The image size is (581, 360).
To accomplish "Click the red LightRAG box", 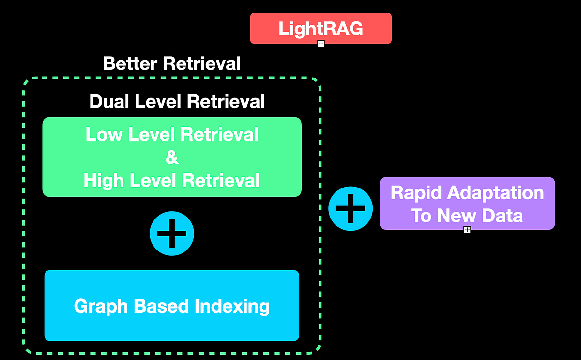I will pyautogui.click(x=321, y=28).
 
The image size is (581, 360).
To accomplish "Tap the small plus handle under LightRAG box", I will pyautogui.click(x=321, y=44).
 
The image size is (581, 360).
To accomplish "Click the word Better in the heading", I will pyautogui.click(x=130, y=63).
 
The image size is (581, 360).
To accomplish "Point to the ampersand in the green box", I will pyautogui.click(x=171, y=157).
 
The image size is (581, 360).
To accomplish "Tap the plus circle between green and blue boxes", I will pyautogui.click(x=172, y=233).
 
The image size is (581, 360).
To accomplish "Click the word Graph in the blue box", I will pyautogui.click(x=101, y=306).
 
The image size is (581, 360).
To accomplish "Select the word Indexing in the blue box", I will pyautogui.click(x=232, y=306).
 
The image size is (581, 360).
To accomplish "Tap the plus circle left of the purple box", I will pyautogui.click(x=351, y=208).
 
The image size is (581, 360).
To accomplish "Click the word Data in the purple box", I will pyautogui.click(x=504, y=215).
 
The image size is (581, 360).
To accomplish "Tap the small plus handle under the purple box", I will pyautogui.click(x=467, y=230).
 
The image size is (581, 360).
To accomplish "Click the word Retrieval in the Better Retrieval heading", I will pyautogui.click(x=201, y=63).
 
